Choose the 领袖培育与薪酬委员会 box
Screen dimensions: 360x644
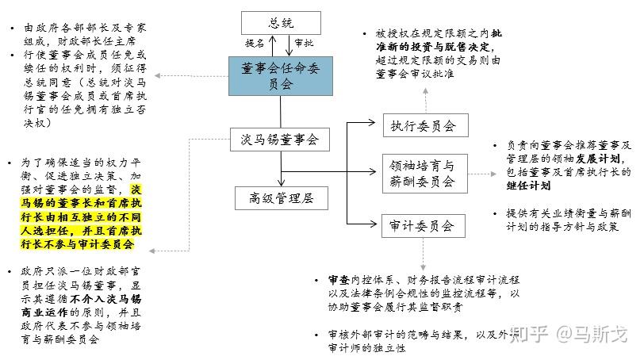point(424,174)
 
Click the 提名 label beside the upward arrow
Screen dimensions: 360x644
point(255,43)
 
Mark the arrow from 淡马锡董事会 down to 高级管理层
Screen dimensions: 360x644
point(281,170)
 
